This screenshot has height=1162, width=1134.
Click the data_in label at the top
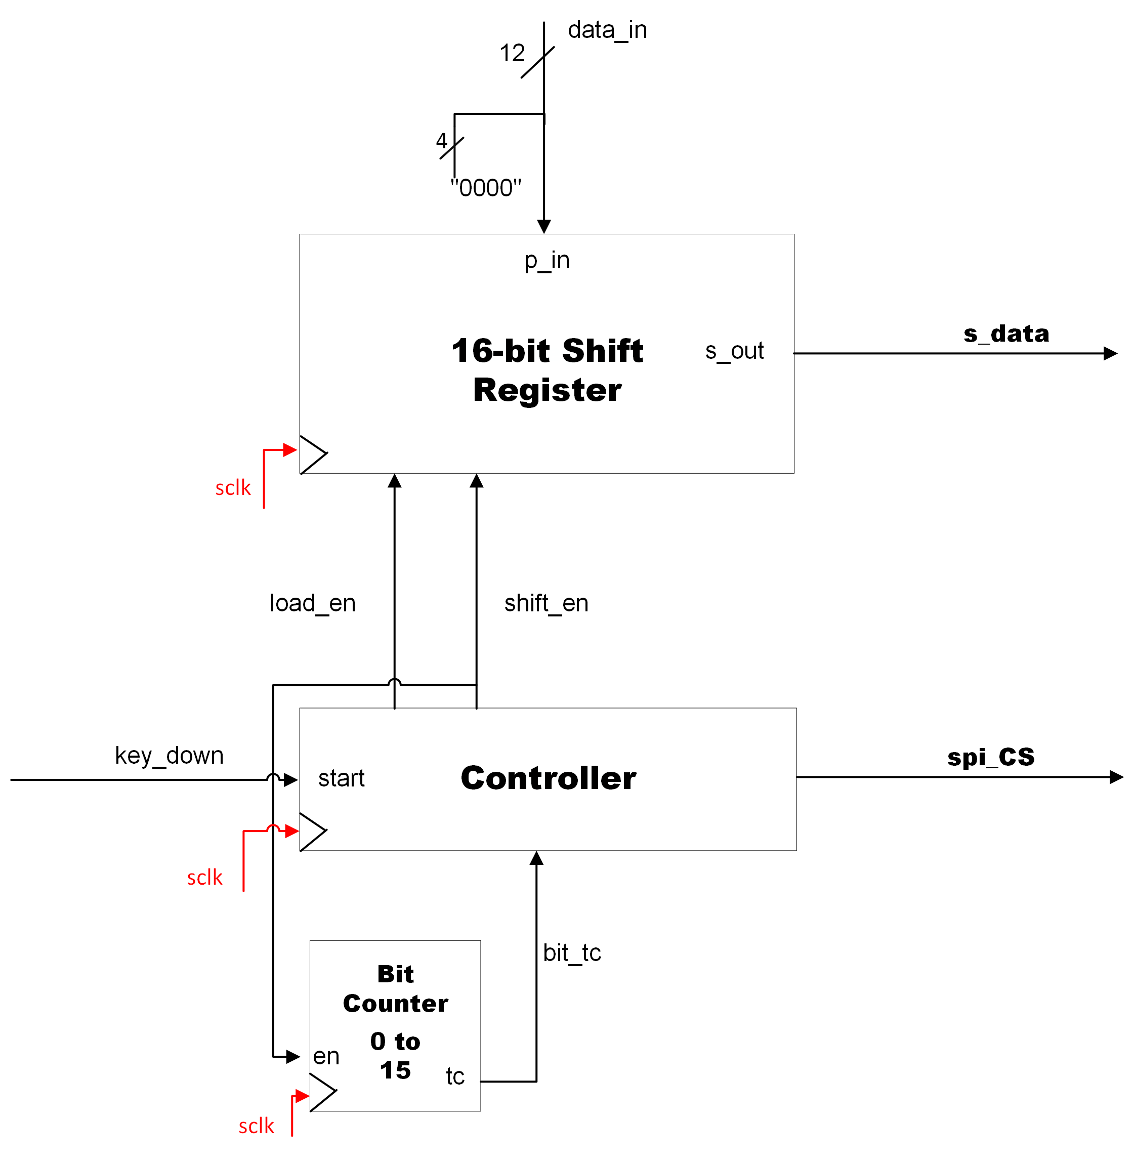(607, 30)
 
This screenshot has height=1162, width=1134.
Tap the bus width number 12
(512, 53)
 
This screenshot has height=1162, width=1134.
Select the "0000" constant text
(485, 188)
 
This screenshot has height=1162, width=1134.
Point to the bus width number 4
(441, 141)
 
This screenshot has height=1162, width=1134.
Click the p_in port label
(547, 261)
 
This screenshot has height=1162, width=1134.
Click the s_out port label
(734, 351)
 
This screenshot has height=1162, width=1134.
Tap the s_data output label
(1006, 334)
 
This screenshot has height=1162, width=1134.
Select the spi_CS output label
(990, 757)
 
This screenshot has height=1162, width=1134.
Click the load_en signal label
(313, 603)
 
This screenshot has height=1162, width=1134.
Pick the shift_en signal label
(546, 603)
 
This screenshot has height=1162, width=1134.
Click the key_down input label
(169, 756)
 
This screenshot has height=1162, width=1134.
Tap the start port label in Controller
(341, 778)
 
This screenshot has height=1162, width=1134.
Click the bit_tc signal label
(572, 953)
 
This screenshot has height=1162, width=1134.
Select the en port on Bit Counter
(326, 1057)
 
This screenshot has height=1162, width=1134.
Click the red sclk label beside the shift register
(233, 488)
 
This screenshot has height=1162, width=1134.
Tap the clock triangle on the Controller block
(312, 832)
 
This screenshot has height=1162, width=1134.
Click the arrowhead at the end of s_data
(1110, 354)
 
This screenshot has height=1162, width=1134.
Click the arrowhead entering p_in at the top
(544, 226)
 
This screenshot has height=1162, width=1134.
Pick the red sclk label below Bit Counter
(256, 1126)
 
